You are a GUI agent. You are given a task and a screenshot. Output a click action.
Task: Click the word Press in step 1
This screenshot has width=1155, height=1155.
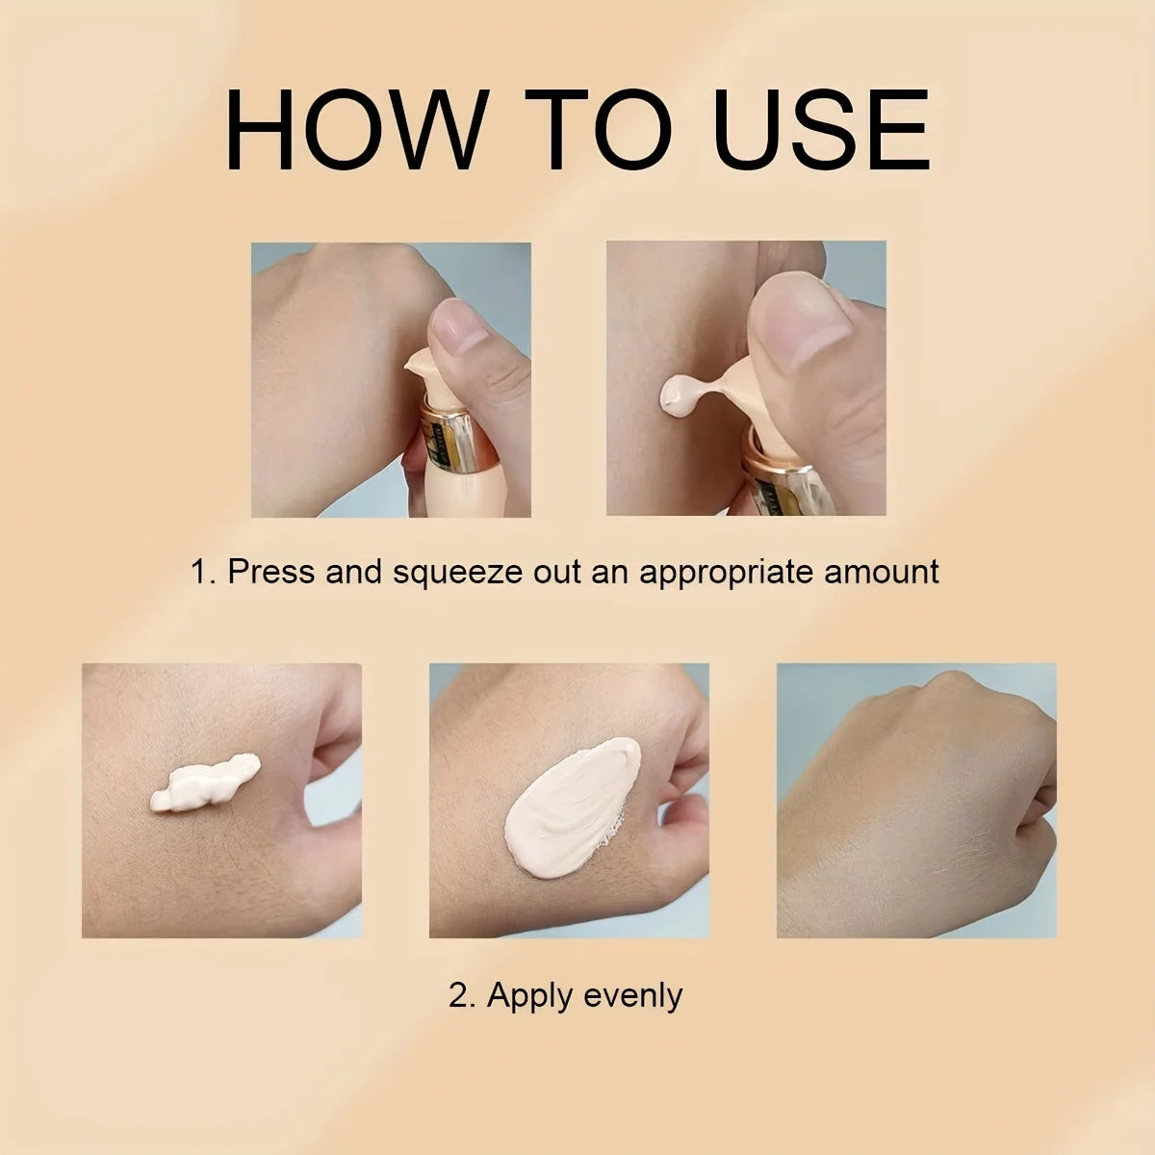coord(270,572)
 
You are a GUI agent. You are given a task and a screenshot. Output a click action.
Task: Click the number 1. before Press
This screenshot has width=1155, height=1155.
coord(203,572)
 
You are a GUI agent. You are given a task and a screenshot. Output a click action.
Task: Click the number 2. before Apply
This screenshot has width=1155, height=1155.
coord(462,994)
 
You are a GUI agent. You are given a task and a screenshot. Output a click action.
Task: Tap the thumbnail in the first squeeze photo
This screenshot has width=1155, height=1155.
coord(460,327)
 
